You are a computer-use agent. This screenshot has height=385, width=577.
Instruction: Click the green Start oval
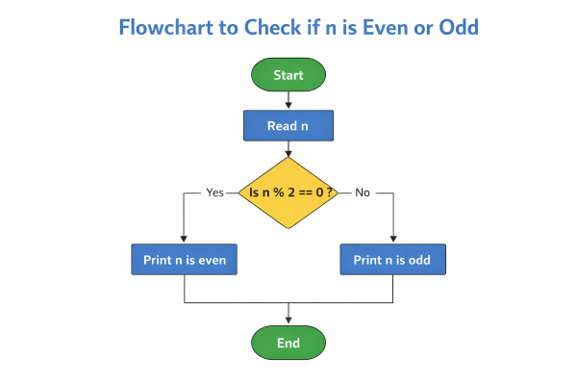point(288,74)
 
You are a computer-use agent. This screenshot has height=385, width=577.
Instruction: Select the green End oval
point(288,343)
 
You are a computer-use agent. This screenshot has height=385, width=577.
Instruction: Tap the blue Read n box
point(288,125)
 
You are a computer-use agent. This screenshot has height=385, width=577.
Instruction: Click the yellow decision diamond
point(288,192)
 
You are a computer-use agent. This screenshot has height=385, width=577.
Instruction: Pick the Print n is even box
point(183,259)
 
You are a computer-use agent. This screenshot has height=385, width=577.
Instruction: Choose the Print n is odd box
point(393,259)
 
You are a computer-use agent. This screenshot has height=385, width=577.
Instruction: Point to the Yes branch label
point(214,192)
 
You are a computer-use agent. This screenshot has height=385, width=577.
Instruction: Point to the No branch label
point(363,192)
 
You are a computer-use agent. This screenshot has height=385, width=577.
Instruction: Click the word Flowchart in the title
point(163,27)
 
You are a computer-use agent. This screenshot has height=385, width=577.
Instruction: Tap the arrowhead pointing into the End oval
point(288,321)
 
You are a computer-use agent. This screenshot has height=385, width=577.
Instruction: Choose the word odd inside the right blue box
point(419,259)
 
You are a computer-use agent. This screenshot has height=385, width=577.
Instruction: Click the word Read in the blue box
point(282,125)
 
